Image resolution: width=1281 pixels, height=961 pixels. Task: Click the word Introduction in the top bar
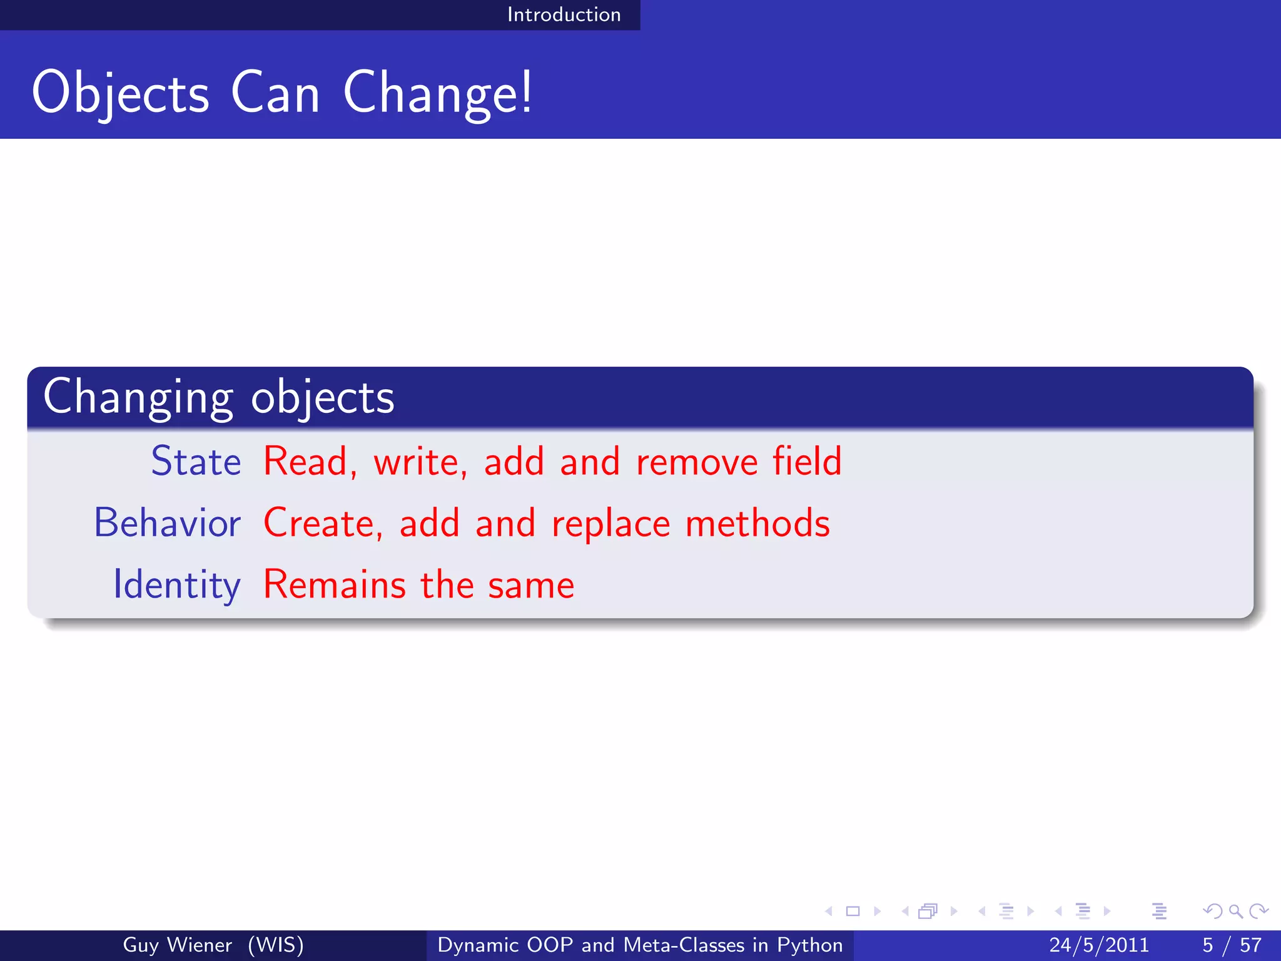pyautogui.click(x=564, y=14)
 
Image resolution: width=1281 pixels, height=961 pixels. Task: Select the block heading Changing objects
pyautogui.click(x=219, y=397)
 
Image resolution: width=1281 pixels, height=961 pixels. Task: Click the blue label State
pyautogui.click(x=196, y=462)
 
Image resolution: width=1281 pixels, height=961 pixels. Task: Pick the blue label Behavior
pyautogui.click(x=167, y=523)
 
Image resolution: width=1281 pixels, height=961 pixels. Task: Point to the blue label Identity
pyautogui.click(x=176, y=585)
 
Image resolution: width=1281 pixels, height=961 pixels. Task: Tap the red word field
pyautogui.click(x=807, y=462)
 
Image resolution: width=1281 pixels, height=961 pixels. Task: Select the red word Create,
pyautogui.click(x=323, y=523)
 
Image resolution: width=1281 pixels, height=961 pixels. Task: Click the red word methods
pyautogui.click(x=757, y=523)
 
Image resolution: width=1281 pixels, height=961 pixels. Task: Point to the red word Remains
pyautogui.click(x=335, y=585)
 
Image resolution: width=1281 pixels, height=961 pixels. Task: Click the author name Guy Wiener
pyautogui.click(x=177, y=945)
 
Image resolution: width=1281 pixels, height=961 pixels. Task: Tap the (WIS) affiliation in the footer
pyautogui.click(x=276, y=945)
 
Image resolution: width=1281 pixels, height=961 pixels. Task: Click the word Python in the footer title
pyautogui.click(x=809, y=945)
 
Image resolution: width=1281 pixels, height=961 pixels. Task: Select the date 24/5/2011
pyautogui.click(x=1099, y=945)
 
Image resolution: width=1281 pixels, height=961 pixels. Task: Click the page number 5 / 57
pyautogui.click(x=1232, y=945)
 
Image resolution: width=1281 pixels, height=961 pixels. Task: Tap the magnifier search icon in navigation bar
pyautogui.click(x=1235, y=911)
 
